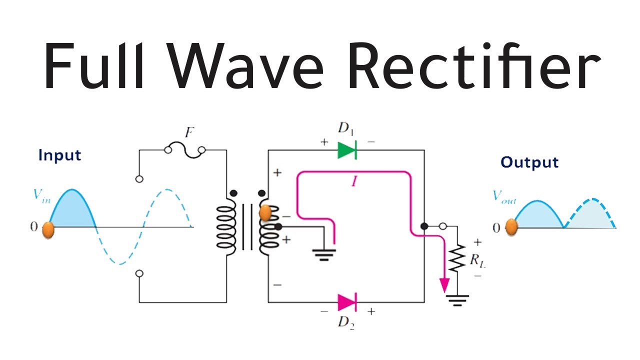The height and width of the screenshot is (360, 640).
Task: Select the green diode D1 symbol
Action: [x=346, y=150]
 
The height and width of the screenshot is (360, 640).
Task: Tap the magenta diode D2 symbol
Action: [x=346, y=302]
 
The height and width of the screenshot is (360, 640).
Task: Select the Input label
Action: [x=59, y=155]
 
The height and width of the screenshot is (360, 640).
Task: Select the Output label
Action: [x=529, y=162]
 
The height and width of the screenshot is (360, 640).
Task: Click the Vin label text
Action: [x=42, y=195]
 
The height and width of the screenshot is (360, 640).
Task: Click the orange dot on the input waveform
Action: [x=48, y=230]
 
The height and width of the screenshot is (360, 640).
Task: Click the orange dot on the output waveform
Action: [x=511, y=227]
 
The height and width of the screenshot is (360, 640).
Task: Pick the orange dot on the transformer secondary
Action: [x=265, y=213]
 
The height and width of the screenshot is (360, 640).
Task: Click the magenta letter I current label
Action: [x=354, y=182]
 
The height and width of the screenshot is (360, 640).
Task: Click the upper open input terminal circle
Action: [x=139, y=178]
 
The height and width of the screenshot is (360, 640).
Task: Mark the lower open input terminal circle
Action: [x=139, y=273]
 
